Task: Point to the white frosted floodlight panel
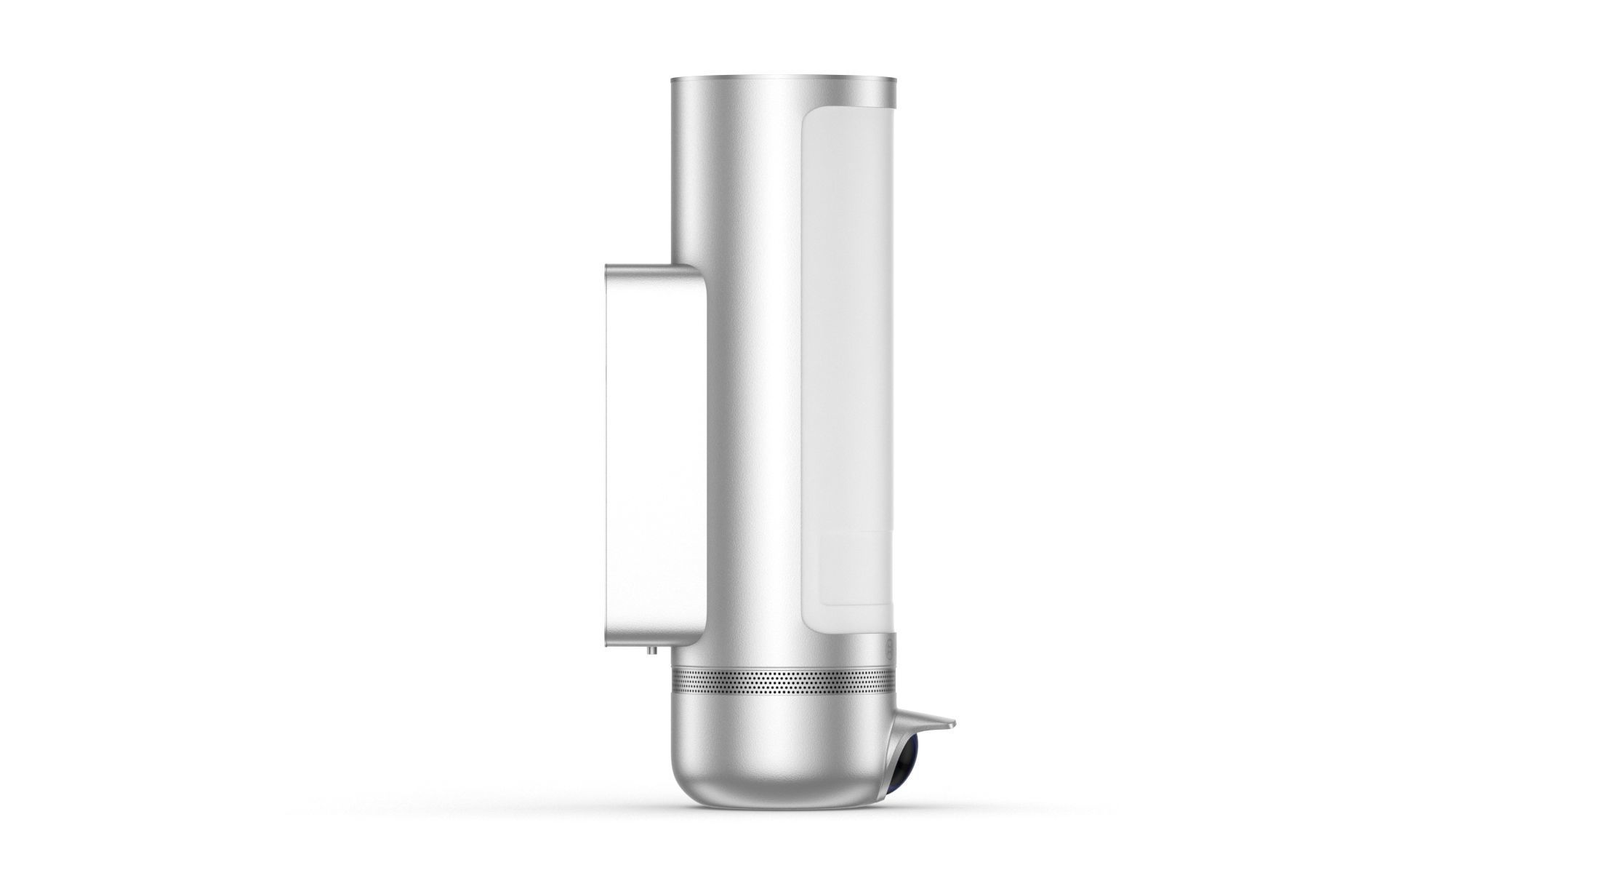click(847, 327)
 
